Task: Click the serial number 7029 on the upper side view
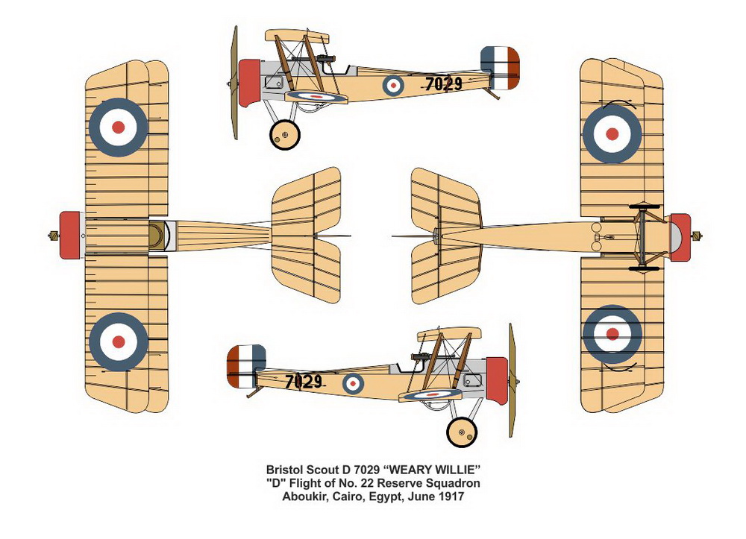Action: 444,84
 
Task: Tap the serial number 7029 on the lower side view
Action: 304,382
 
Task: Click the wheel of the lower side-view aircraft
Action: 462,432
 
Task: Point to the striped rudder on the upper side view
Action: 500,68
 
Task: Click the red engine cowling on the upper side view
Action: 249,82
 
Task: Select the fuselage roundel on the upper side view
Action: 393,85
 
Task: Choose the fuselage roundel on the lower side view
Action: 353,383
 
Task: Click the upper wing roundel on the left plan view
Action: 118,127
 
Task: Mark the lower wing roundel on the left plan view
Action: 118,341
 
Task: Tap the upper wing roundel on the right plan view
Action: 612,134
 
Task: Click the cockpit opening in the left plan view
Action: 157,235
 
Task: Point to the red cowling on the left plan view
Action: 70,235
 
